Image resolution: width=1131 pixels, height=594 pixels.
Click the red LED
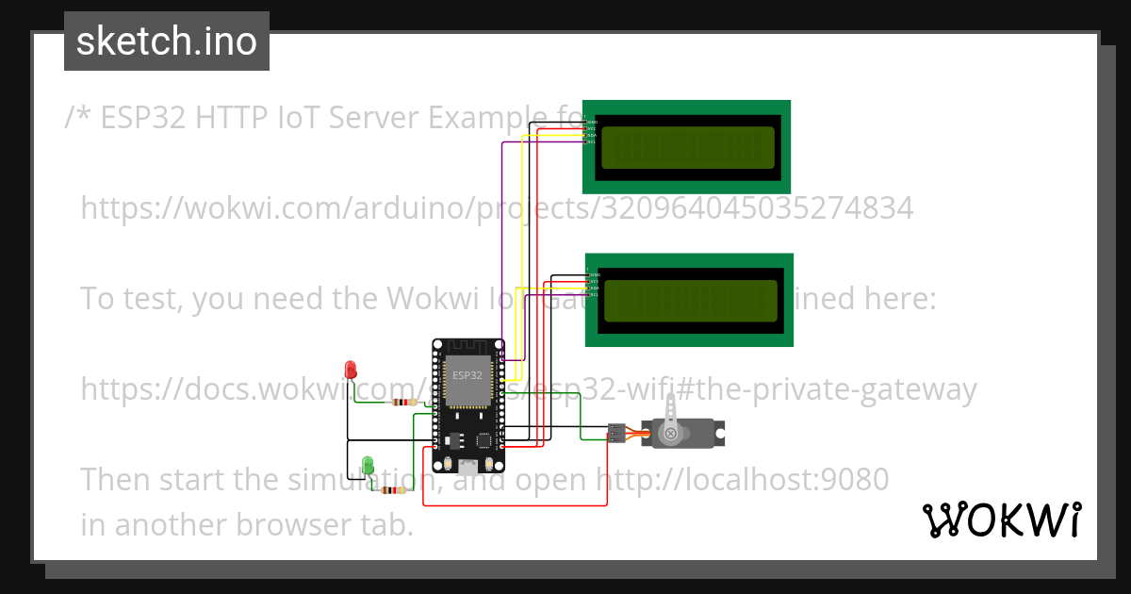(x=351, y=369)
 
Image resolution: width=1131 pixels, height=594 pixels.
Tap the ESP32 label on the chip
(x=467, y=375)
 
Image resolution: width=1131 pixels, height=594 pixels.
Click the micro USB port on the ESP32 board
(x=468, y=465)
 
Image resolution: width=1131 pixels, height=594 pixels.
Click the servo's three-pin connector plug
(x=615, y=433)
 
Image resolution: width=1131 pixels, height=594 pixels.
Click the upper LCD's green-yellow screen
(x=687, y=148)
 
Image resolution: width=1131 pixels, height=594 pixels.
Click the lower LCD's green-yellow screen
(x=690, y=301)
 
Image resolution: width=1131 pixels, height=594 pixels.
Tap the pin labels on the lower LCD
(x=594, y=285)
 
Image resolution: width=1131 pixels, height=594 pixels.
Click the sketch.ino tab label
(x=167, y=41)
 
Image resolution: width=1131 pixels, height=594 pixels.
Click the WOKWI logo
(x=1001, y=520)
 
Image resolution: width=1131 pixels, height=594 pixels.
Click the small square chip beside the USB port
(x=484, y=439)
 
